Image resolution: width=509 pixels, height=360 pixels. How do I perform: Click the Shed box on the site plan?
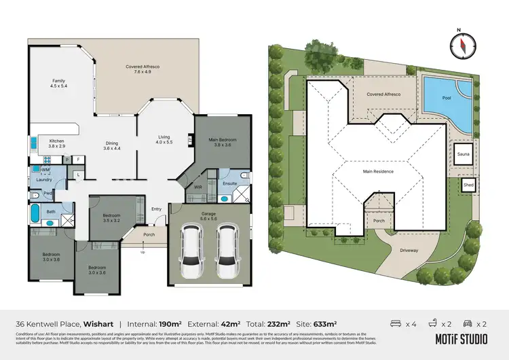[x=468, y=184]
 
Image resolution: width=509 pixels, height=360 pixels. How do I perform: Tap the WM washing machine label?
[x=45, y=168]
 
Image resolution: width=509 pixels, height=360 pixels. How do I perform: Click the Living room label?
[x=164, y=139]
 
